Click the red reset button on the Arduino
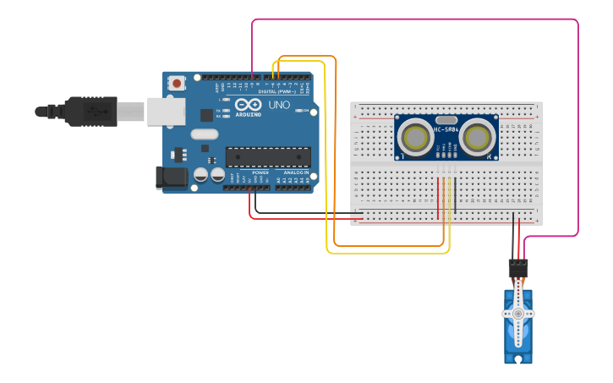click(x=177, y=83)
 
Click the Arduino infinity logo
click(x=249, y=105)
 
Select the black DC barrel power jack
click(x=171, y=177)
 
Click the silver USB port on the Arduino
click(x=166, y=111)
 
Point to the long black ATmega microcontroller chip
click(x=267, y=156)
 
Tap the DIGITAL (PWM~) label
click(x=276, y=91)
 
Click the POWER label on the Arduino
click(x=260, y=172)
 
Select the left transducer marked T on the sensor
click(x=416, y=136)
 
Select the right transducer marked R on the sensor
click(x=478, y=136)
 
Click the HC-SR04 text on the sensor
click(x=446, y=129)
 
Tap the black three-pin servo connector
click(x=518, y=268)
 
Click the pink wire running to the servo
click(x=577, y=127)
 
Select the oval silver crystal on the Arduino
click(x=205, y=134)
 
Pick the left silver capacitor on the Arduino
click(x=201, y=175)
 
